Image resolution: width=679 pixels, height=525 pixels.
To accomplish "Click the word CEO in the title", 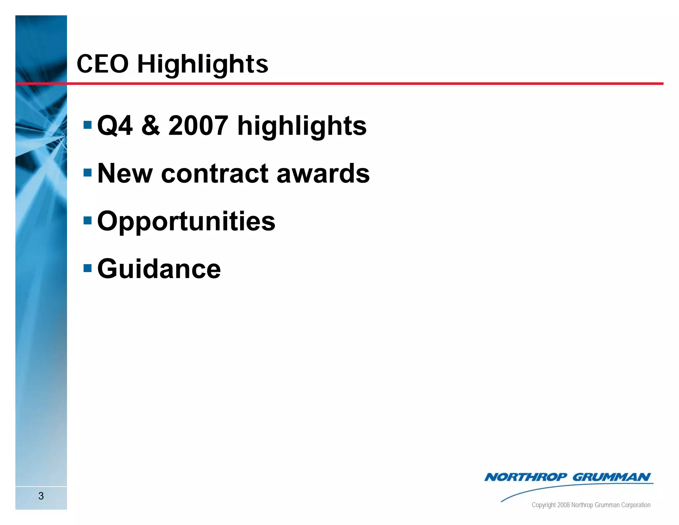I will point(102,64).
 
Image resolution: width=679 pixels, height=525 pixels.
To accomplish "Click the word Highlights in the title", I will point(203,64).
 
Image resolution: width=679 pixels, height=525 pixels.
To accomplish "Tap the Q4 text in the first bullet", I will point(115,126).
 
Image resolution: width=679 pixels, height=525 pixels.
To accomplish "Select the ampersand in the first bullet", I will point(151,126).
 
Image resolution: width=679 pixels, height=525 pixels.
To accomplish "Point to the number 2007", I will point(198,126).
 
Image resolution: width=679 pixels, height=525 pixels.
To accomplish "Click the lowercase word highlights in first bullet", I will point(302,126).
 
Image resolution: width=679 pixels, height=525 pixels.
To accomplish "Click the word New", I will point(125,173).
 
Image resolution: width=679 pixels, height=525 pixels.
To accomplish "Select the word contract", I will point(215,173).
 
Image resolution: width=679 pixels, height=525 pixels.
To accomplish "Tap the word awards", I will point(323,173).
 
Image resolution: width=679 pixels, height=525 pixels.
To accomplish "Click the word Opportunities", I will point(186,221).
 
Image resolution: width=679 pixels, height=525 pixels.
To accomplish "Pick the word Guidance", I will point(159,269).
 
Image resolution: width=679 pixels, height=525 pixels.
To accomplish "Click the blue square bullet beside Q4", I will point(88,125).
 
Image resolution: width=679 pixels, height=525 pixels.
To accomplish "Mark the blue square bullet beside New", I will point(88,173).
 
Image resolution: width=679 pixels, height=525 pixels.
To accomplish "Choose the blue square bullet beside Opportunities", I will point(88,220).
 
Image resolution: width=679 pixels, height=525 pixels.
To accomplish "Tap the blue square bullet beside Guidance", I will point(88,268).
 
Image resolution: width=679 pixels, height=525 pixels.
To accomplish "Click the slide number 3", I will point(41,496).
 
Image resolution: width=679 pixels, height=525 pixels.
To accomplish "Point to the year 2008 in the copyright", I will point(563,505).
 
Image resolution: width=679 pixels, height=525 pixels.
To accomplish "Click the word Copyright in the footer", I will point(543,505).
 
